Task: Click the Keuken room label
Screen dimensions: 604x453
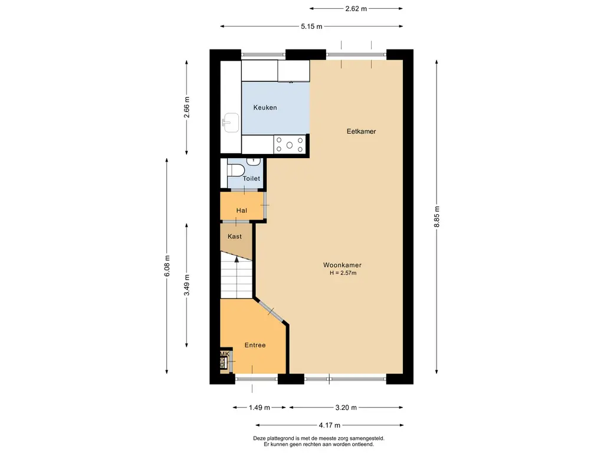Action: coord(265,107)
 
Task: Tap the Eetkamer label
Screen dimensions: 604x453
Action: coord(362,132)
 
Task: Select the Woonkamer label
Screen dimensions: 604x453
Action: coord(342,265)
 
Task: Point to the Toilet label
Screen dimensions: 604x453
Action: coord(251,178)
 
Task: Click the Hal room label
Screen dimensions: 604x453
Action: coord(241,211)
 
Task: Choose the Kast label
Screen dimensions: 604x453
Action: coord(235,237)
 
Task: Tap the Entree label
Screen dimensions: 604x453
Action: coord(255,345)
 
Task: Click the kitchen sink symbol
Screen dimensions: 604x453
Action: coord(231,123)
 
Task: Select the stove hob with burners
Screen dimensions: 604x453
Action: coord(289,145)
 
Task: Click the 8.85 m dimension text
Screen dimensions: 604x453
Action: coord(437,217)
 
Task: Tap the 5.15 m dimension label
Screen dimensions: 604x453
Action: coord(311,27)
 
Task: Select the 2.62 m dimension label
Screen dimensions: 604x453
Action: coord(356,8)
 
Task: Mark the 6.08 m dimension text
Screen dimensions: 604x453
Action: coord(167,266)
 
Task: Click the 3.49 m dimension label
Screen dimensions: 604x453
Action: coord(187,285)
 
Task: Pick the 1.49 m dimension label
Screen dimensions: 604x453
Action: coord(260,408)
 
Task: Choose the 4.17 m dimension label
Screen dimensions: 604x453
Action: coord(329,425)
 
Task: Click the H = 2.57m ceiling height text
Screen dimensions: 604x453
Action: coord(343,273)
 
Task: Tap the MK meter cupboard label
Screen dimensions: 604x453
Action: coord(225,354)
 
